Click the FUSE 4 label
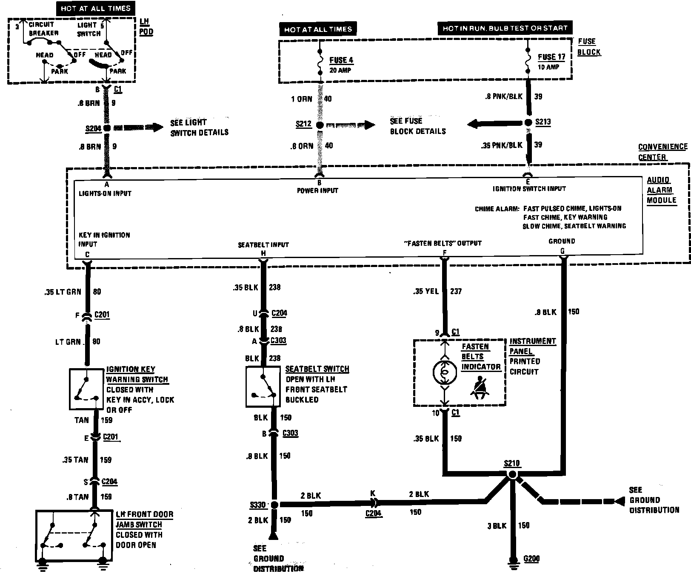[341, 60]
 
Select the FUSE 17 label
[551, 57]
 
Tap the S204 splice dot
[107, 128]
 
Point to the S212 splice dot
[320, 125]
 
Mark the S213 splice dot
[528, 123]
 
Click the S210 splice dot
[512, 474]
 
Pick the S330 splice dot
[274, 505]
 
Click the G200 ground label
[531, 559]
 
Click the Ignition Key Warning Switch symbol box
[86, 389]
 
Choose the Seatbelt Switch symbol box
[263, 387]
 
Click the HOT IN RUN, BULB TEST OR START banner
[505, 28]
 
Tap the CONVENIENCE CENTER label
[662, 152]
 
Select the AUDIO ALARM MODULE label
[661, 190]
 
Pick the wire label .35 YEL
[426, 292]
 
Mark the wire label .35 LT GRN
[63, 292]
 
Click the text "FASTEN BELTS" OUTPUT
[443, 243]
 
